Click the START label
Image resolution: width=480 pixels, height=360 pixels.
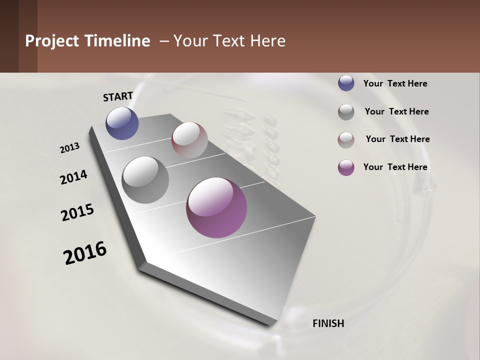(118, 96)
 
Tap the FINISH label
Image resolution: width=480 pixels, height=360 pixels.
(328, 323)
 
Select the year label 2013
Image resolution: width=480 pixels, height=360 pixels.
(70, 148)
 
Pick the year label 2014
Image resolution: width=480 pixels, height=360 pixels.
(73, 177)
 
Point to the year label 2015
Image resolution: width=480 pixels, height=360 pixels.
(77, 212)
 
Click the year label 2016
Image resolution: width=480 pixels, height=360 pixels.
(85, 253)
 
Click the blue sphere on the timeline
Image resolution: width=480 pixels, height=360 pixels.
(122, 123)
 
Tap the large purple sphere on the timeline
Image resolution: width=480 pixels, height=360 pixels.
(216, 207)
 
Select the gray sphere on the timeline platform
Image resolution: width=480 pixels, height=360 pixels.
(145, 180)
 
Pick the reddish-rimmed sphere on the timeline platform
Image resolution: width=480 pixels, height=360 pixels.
(189, 140)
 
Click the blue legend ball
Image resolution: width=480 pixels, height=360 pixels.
(346, 83)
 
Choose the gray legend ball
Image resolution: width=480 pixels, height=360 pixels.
(346, 112)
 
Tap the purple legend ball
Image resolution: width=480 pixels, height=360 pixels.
(346, 167)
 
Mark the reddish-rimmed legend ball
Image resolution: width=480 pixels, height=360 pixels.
(346, 140)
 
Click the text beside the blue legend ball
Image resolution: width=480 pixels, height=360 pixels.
(395, 83)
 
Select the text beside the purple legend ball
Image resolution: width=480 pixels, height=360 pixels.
(395, 167)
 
